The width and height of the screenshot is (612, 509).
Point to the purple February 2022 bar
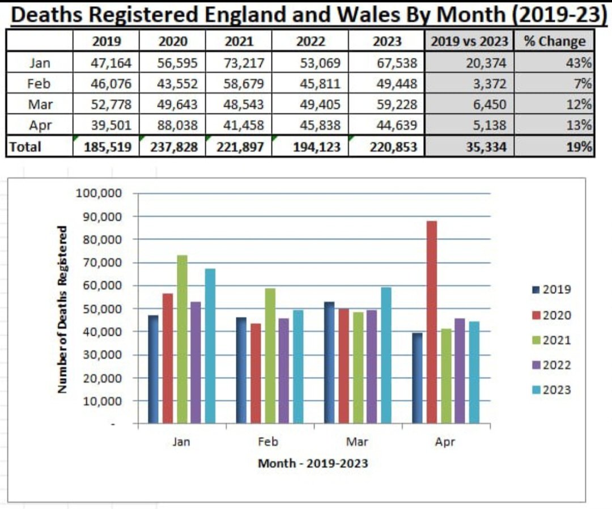284,371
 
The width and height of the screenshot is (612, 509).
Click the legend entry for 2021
552,340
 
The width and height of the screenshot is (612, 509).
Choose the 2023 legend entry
552,390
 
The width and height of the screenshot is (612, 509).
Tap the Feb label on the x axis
269,442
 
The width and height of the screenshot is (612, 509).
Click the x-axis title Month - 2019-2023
313,464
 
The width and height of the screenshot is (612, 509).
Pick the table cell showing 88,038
174,125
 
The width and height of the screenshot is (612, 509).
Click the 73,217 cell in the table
239,62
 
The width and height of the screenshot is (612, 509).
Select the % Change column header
555,41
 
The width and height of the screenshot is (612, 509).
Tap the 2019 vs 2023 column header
470,41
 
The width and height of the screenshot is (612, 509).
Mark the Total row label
25,147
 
